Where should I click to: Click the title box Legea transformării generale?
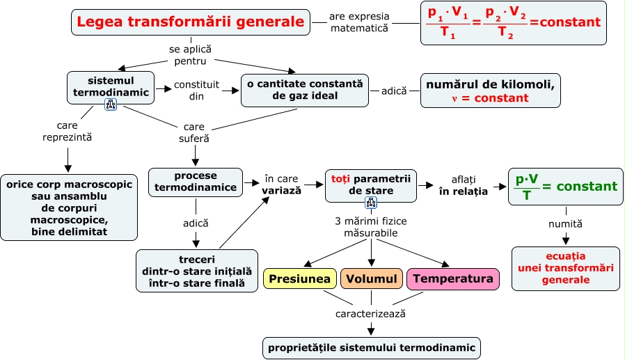[191, 22]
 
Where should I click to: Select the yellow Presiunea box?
[300, 279]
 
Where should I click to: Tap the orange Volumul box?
[372, 279]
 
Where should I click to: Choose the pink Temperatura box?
[453, 279]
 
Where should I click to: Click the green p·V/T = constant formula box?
[566, 187]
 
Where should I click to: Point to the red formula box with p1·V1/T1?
[514, 23]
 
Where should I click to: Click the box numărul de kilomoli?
[490, 91]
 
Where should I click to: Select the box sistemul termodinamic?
[111, 87]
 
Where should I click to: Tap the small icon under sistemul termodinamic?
[111, 105]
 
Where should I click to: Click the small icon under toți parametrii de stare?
[371, 203]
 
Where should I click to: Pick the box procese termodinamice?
[196, 182]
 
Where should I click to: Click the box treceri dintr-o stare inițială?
[197, 271]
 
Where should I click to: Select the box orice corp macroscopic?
[69, 208]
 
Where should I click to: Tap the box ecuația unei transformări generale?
[566, 268]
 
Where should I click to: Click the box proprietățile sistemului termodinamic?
[372, 348]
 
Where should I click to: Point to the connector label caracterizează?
[370, 314]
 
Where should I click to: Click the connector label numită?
[565, 224]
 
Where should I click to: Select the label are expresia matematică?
[359, 22]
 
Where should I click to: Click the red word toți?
[340, 178]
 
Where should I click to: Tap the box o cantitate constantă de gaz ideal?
[305, 90]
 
